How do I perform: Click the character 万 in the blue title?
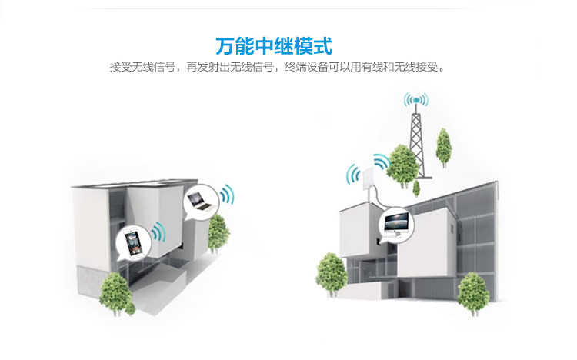[x=225, y=46]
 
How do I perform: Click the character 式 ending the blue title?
[x=323, y=46]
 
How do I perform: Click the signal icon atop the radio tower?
[x=415, y=100]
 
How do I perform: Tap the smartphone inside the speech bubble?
[x=133, y=243]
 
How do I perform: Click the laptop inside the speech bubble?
[x=200, y=201]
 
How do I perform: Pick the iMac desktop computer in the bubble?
[x=396, y=223]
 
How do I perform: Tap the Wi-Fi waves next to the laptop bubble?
[x=227, y=194]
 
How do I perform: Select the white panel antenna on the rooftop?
[x=369, y=180]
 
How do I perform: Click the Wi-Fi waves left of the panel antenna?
[x=353, y=174]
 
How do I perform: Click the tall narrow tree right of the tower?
[x=444, y=148]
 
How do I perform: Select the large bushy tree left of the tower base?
[x=402, y=166]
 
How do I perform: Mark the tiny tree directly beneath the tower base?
[x=416, y=188]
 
